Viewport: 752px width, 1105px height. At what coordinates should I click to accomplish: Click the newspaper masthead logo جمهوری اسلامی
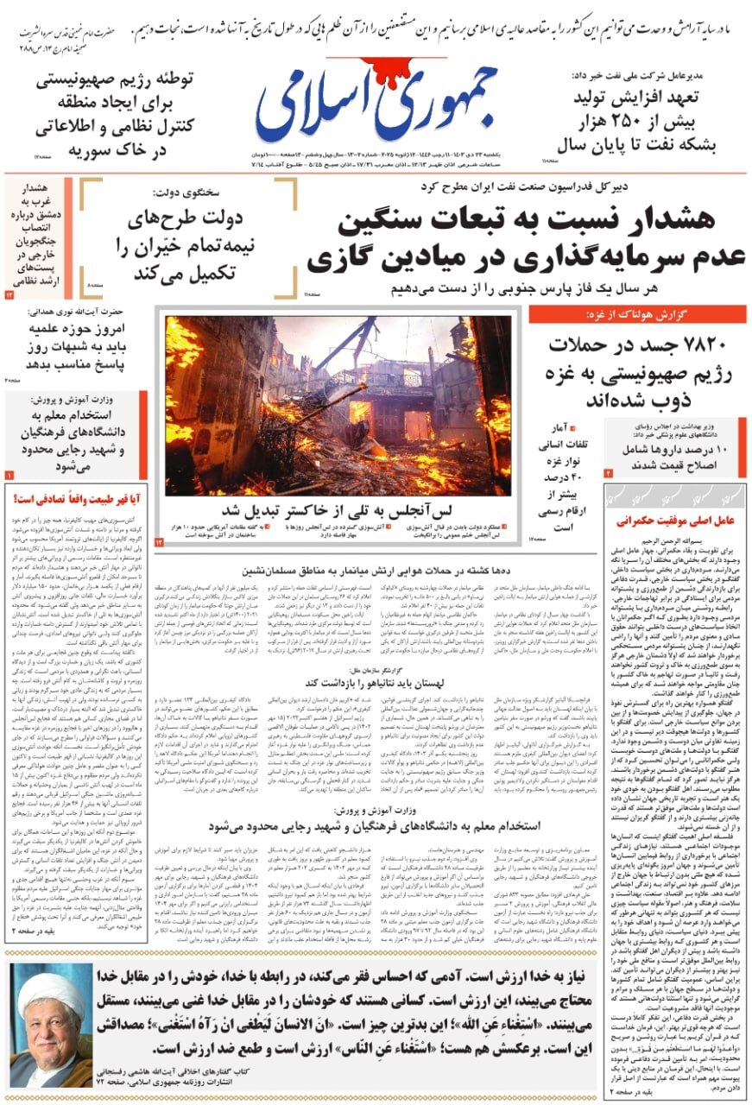[376, 101]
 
